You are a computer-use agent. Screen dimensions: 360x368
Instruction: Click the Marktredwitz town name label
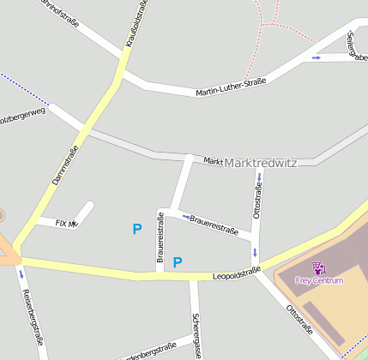point(260,163)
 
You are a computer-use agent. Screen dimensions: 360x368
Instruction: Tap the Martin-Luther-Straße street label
point(231,87)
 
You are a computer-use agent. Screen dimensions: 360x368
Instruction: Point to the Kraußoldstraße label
point(136,23)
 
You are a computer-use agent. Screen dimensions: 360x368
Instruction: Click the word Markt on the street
point(213,161)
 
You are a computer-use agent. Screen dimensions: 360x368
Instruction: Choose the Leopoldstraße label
point(236,273)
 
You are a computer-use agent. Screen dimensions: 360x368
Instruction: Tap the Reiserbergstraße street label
point(33,315)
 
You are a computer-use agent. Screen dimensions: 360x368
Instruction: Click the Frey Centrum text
point(319,280)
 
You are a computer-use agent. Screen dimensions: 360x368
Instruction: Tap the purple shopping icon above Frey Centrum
point(319,268)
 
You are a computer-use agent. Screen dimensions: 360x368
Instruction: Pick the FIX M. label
point(66,223)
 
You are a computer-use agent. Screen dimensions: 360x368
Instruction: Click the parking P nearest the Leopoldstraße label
point(178,262)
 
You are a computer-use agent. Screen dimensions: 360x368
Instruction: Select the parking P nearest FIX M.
point(136,229)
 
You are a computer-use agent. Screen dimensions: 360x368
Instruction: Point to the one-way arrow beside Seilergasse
point(317,57)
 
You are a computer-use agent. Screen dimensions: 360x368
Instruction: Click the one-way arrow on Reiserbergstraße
point(21,274)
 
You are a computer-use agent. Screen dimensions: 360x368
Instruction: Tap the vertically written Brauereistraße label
point(160,237)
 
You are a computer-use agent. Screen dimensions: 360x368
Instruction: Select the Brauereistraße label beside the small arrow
point(214,225)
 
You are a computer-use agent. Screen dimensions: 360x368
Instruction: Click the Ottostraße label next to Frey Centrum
point(299,318)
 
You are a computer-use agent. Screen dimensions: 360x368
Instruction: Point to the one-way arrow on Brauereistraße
point(186,217)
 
